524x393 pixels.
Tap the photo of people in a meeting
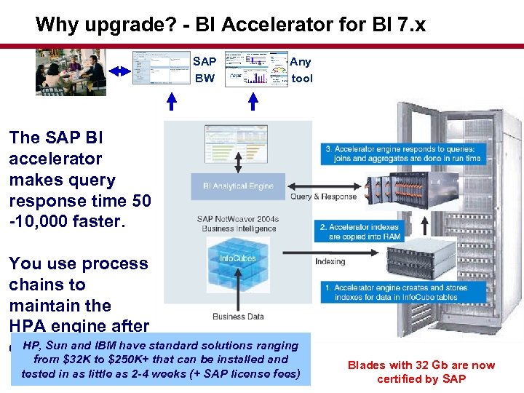pos(71,71)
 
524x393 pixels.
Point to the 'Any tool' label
pos(301,71)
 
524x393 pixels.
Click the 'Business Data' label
pos(237,316)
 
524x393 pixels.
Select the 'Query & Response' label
pos(323,196)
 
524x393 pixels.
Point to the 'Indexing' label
pos(330,261)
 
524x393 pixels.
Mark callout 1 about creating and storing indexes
pos(396,292)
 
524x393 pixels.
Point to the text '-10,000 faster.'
pos(67,221)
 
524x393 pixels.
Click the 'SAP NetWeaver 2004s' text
pos(237,218)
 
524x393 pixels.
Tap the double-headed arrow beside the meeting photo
pos(119,71)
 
